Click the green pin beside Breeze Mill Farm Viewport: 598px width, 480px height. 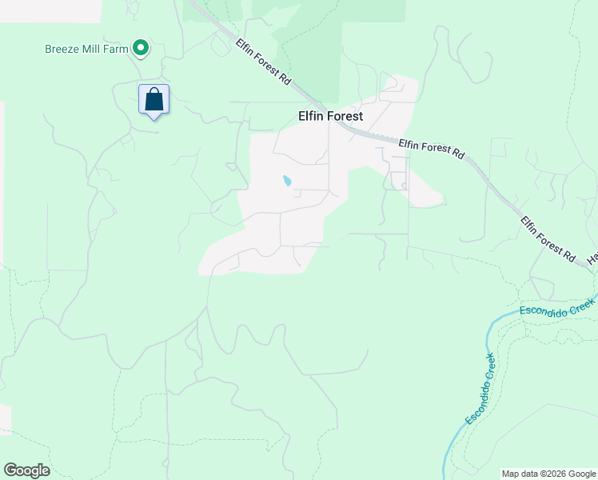[x=141, y=49]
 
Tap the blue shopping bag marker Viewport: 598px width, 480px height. [x=154, y=100]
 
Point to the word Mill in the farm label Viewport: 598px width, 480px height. [x=94, y=49]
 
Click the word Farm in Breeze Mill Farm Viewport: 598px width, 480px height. [x=117, y=49]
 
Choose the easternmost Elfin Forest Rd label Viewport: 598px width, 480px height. [x=548, y=238]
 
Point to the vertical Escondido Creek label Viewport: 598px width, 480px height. [x=480, y=389]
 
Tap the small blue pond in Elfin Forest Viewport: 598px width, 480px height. [x=286, y=181]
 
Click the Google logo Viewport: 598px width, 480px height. [x=26, y=470]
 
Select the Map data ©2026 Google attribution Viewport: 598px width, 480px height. [x=548, y=474]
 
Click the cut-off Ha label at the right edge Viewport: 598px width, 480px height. [x=593, y=258]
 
